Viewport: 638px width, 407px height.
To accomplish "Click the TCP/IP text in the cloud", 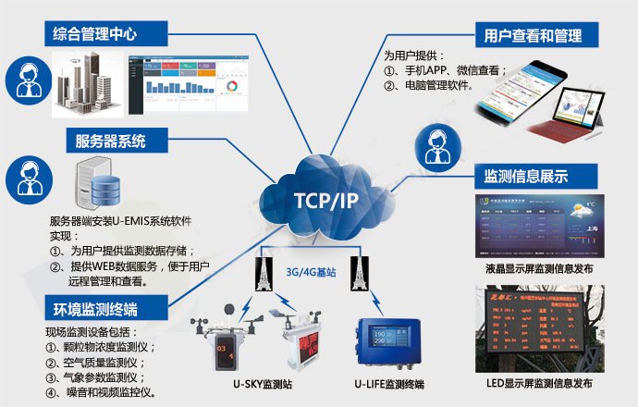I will point(319,201).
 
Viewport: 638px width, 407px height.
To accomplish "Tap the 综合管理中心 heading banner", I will point(95,36).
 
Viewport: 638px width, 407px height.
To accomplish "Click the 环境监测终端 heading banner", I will point(105,306).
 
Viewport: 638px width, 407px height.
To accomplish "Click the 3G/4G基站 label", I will point(311,272).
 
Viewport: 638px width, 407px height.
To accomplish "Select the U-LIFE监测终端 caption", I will point(388,383).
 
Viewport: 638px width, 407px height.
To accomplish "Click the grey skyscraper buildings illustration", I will point(90,83).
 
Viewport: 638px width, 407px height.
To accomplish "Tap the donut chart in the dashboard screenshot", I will point(231,86).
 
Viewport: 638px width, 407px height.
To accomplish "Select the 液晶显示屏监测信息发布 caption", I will point(539,269).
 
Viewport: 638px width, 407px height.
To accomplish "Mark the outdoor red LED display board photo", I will point(539,328).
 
